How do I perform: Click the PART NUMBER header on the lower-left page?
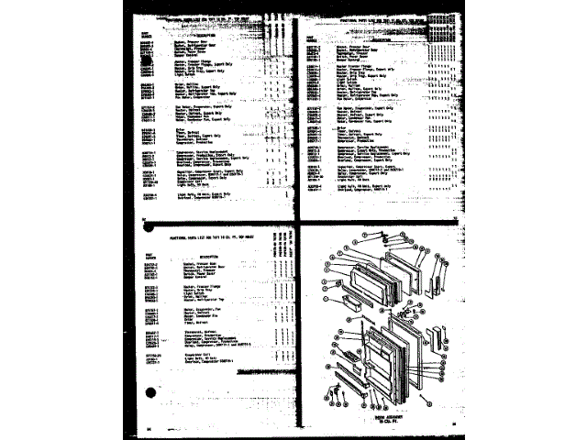pyautogui.click(x=150, y=255)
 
